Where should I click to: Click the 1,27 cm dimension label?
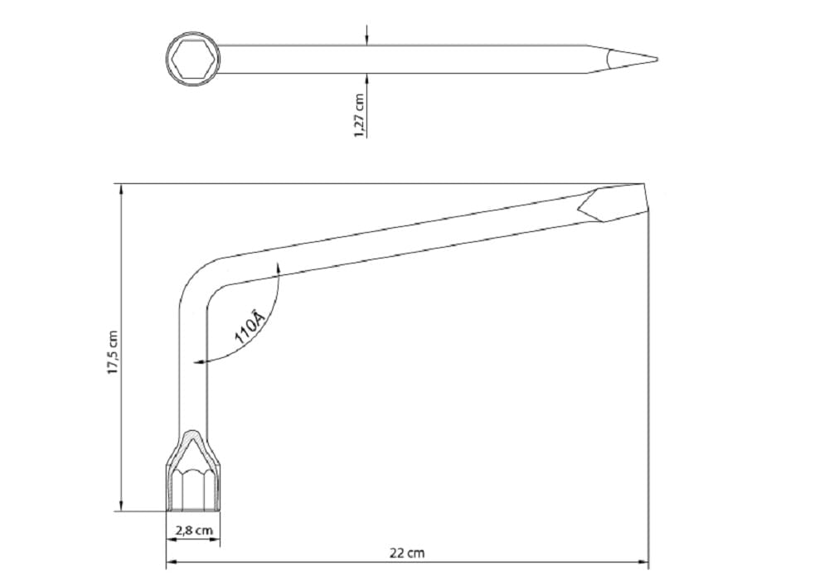360,116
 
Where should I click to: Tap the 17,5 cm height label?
113,352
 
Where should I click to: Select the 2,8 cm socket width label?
193,530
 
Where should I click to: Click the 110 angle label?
249,327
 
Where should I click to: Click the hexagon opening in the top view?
192,58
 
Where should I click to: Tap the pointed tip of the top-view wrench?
657,59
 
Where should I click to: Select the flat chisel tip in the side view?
613,205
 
